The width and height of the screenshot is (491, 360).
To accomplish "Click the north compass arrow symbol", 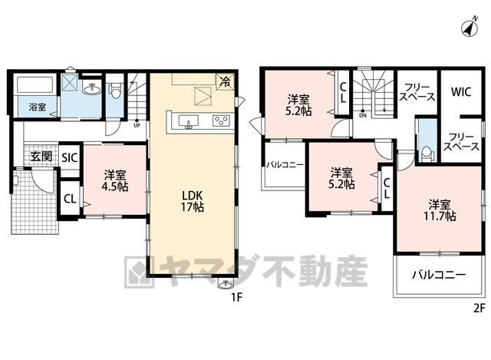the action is [470, 27].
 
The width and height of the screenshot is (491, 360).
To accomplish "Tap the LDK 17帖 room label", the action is [193, 201].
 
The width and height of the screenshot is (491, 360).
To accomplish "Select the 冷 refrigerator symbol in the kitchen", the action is [225, 81].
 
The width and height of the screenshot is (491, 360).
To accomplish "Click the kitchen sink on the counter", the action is [189, 121].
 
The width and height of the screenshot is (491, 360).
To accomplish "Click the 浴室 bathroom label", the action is [38, 107].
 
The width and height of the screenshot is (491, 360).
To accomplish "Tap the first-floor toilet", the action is [114, 90].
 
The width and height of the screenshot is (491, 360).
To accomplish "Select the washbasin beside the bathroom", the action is [92, 89].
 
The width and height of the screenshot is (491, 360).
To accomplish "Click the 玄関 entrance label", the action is [41, 156].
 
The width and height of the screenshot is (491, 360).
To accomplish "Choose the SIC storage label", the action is [69, 157].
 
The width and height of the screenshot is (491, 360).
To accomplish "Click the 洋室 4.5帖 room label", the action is [116, 181].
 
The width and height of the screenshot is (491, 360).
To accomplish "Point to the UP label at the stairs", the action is [137, 126].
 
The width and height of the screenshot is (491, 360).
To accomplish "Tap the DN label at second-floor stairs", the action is [363, 115].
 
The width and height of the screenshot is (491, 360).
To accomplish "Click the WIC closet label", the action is [461, 92].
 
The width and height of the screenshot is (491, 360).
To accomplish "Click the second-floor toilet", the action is [427, 154].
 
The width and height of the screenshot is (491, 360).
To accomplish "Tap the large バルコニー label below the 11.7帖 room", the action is [438, 275].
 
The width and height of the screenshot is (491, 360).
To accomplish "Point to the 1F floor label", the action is [237, 297].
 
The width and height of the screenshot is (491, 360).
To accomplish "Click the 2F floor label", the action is [479, 309].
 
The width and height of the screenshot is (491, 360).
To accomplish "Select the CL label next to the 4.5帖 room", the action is [70, 199].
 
